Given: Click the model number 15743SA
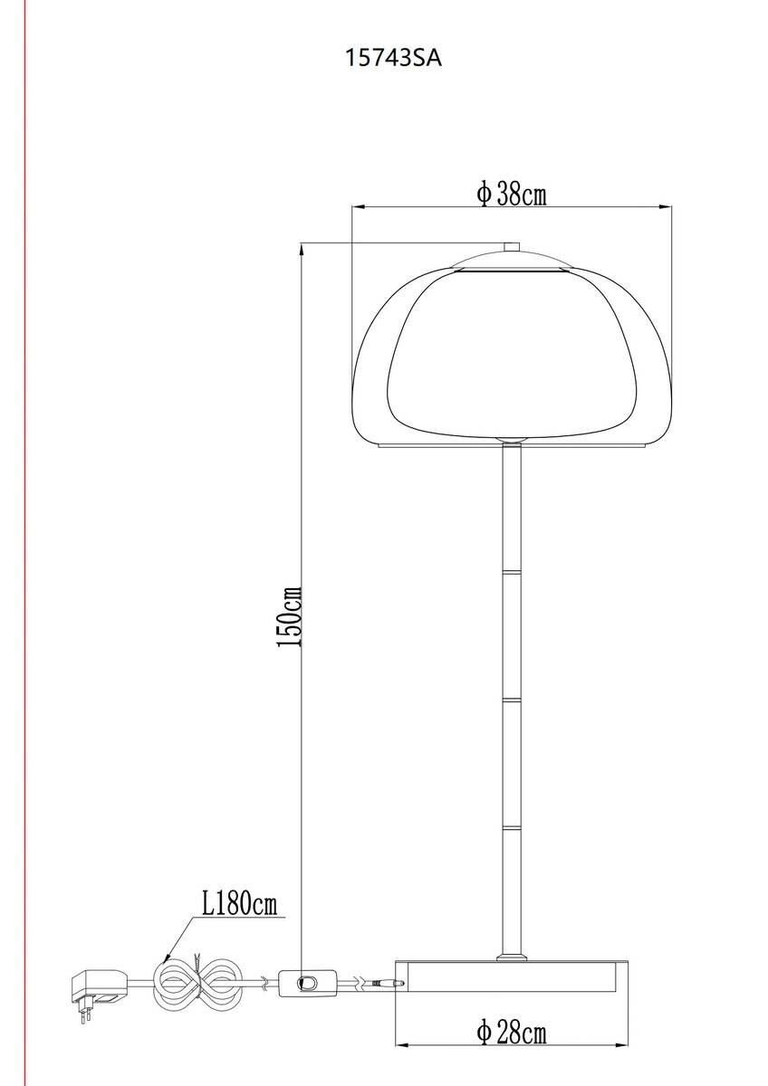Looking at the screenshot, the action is coord(393,59).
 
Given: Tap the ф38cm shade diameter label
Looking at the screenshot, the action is coord(512,195).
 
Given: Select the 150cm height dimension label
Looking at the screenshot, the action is coord(290,615).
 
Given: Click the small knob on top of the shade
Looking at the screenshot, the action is coord(512,247).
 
